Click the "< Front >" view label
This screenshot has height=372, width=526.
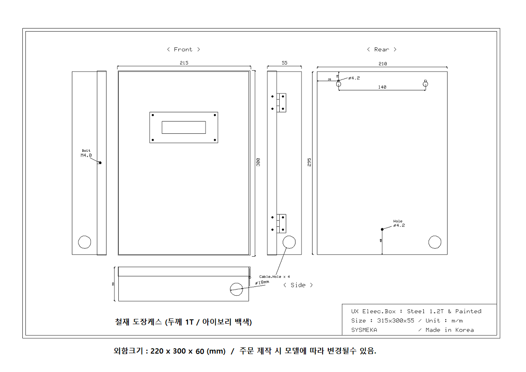(183, 50)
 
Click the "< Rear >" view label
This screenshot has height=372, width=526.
(381, 50)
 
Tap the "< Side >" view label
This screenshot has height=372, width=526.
(298, 285)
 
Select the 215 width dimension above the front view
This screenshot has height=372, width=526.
(184, 63)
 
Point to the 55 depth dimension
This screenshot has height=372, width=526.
(284, 63)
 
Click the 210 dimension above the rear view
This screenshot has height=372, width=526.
(382, 64)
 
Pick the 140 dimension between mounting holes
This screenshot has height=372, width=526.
(382, 87)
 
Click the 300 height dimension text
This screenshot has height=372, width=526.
(258, 162)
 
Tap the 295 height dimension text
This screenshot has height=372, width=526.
(309, 162)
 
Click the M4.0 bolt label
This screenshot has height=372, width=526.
(86, 155)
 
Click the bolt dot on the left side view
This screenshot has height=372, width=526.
(100, 163)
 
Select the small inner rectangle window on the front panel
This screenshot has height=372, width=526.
(184, 127)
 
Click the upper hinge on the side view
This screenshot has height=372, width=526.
(281, 102)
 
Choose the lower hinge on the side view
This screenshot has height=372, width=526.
(281, 223)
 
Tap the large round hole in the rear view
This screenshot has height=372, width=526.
(434, 242)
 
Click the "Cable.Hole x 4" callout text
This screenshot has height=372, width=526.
(274, 277)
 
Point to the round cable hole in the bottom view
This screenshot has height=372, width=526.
(236, 288)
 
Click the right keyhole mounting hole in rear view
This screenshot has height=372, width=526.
(425, 83)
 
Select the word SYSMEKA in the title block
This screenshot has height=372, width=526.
(364, 330)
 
